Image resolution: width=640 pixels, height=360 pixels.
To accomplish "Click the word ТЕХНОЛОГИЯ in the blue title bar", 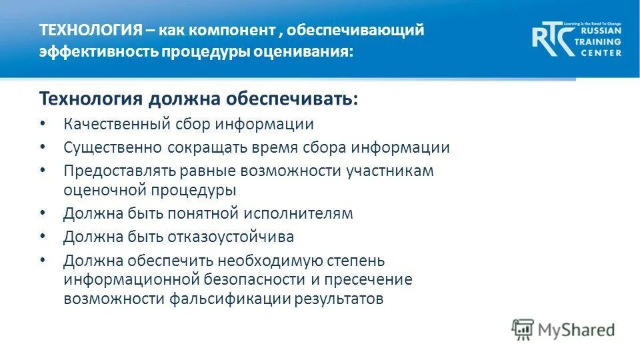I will (x=91, y=31).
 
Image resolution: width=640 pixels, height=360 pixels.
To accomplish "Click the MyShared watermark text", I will (x=576, y=329).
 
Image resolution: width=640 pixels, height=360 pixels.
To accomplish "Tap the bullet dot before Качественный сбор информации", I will (x=43, y=124).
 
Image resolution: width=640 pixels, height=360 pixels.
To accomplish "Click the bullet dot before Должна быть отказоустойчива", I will (x=43, y=237).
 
